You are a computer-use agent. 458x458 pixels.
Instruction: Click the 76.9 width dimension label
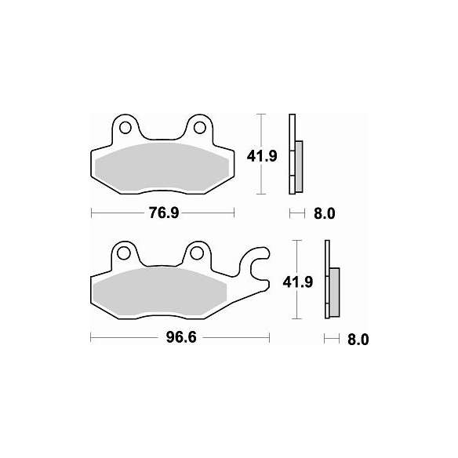(163, 213)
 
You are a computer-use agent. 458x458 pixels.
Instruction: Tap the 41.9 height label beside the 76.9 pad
(262, 156)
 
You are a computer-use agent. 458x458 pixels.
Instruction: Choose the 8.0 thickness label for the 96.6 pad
(357, 340)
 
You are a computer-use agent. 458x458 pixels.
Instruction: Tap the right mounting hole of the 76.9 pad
(199, 126)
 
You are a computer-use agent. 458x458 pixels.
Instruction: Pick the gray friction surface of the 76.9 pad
(163, 167)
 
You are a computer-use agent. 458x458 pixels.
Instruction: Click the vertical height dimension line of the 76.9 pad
(261, 180)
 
